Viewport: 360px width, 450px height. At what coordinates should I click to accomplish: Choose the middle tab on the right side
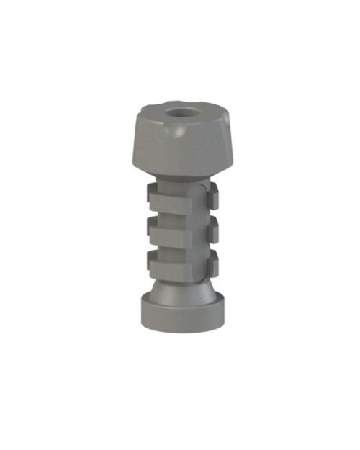(x=212, y=228)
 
